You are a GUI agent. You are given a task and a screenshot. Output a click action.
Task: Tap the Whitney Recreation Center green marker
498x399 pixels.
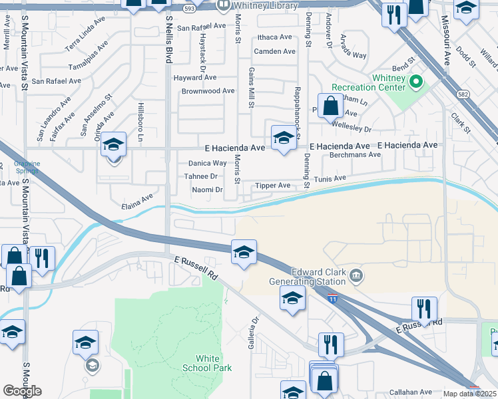pos(417,82)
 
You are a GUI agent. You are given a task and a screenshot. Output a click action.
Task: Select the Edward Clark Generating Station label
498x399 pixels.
pos(316,280)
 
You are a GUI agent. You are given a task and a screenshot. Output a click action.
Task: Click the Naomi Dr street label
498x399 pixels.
pos(207,190)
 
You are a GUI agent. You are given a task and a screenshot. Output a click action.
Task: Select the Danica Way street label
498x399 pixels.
pos(208,163)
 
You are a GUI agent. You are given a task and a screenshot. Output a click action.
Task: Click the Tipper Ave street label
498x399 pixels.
pos(273,186)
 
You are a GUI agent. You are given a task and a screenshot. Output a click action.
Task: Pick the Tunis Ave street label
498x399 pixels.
pos(330,179)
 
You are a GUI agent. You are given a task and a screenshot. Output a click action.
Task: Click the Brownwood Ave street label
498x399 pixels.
pos(208,91)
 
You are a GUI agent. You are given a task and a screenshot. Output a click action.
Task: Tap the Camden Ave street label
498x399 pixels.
pos(274,51)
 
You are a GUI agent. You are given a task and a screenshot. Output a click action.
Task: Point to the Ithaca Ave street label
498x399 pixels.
pos(274,37)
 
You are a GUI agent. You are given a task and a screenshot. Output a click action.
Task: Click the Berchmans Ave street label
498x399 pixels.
pos(355,155)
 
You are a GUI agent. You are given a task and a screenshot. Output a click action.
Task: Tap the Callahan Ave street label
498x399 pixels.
pos(411,392)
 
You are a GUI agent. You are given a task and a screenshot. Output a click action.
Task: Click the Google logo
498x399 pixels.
pos(22,391)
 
